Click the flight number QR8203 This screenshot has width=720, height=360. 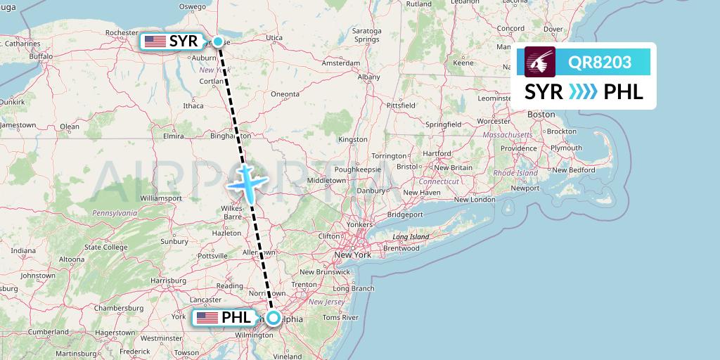pos(600,63)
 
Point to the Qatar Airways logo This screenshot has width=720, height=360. pos(540,62)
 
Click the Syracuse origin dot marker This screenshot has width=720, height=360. pos(219,41)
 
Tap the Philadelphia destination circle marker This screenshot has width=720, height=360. pos(273,318)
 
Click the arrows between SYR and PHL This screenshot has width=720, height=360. pos(583,92)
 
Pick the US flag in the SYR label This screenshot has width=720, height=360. pos(155,41)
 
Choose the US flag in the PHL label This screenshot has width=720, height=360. pos(207,318)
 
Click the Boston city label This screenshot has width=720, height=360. pos(541,114)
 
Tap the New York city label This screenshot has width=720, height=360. pos(353,255)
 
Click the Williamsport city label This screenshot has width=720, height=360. pos(161,199)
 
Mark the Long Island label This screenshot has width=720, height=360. pos(411,237)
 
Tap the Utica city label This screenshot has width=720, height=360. pos(274,38)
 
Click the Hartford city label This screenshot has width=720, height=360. pos(437,153)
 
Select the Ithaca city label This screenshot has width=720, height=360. pos(193,106)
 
